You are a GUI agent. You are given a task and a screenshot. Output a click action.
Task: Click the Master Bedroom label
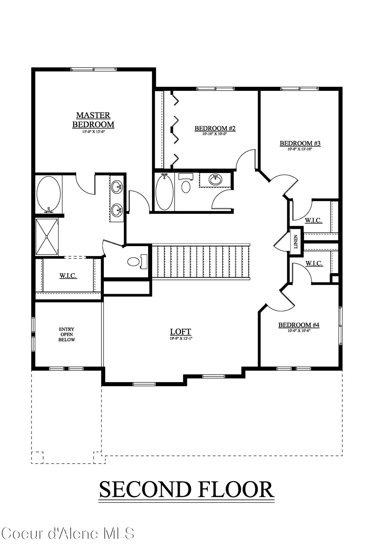pos(93,120)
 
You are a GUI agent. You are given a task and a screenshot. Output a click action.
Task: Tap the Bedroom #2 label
pos(215,128)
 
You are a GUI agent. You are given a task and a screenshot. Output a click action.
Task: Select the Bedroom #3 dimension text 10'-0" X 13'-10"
pos(300,149)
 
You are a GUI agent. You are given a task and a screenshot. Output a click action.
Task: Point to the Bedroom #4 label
pos(299,325)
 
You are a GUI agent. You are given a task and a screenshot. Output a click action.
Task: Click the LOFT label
pos(180,332)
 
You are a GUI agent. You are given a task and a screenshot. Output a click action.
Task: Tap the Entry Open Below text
pos(67,335)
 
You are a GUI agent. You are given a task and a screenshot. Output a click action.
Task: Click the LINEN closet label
pos(296,241)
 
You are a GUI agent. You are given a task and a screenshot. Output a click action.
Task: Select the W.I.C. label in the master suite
pos(68,276)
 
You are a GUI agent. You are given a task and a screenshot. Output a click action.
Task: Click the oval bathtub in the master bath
pos(49,194)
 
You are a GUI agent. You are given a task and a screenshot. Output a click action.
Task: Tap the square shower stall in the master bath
pos(47,237)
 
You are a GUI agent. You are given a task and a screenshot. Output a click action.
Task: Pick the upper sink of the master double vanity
pos(116,186)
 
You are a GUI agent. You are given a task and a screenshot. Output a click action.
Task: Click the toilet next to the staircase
pos(133,262)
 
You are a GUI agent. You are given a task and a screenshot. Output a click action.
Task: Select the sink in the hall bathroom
pos(215,179)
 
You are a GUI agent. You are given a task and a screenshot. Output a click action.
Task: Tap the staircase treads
pos(200,261)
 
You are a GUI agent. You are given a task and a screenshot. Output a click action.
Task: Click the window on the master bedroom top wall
pos(93,69)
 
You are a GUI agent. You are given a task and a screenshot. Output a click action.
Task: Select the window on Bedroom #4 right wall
pos(340,326)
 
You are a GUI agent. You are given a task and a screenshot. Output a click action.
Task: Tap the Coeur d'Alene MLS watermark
pos(68,533)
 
